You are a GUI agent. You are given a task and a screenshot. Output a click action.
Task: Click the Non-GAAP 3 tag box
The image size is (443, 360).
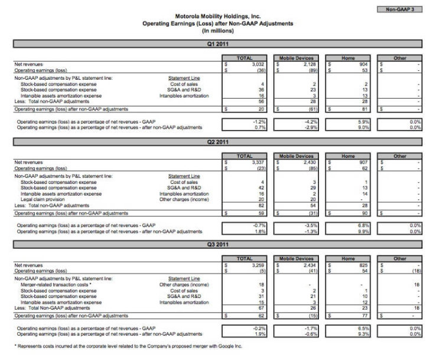[x=399, y=9]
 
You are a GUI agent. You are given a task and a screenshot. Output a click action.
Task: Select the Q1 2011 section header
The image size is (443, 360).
[x=218, y=44]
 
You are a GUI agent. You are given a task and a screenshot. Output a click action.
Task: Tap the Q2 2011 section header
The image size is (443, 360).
[x=218, y=142]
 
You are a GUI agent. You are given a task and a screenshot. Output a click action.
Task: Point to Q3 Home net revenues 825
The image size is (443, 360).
[x=363, y=265]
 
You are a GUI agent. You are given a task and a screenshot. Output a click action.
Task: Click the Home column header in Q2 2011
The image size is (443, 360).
[x=348, y=156]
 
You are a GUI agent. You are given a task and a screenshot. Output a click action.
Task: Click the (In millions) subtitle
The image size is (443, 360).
[x=218, y=30]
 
